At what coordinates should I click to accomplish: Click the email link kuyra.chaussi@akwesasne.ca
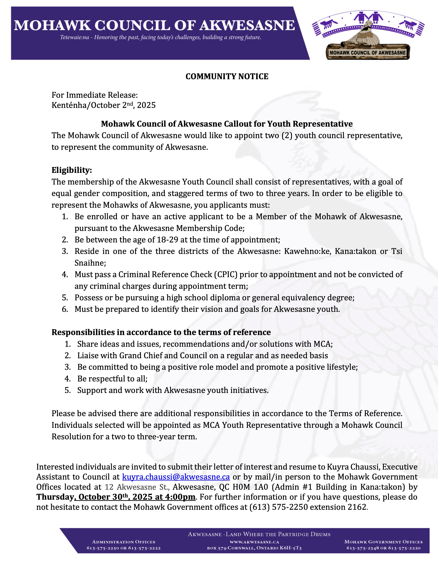tap(176, 477)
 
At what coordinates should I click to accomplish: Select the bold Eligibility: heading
tap(72, 170)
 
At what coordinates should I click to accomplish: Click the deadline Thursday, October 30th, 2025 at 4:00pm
tap(116, 497)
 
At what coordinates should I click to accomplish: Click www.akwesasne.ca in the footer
tap(254, 542)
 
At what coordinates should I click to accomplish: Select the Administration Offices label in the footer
tap(123, 542)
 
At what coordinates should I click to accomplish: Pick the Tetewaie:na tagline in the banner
tap(160, 37)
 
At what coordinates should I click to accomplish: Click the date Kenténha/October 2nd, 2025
tap(104, 105)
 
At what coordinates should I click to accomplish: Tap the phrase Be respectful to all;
tap(112, 379)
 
